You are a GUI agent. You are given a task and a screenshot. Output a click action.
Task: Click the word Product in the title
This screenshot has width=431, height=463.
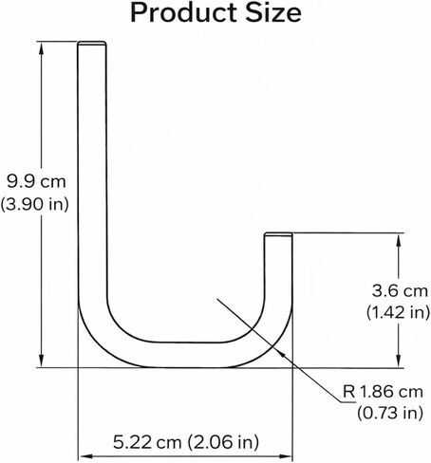click(184, 13)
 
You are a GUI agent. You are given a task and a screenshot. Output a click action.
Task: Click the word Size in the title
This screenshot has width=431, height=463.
click(273, 13)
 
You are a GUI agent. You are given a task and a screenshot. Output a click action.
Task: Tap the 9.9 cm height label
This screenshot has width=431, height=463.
click(36, 182)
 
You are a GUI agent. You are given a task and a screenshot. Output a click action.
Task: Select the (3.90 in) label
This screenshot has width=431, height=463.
click(34, 204)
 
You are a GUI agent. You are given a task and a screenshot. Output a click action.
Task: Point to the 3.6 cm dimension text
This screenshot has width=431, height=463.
click(400, 290)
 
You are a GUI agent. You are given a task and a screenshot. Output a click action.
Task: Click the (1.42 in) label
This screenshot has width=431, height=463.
click(398, 312)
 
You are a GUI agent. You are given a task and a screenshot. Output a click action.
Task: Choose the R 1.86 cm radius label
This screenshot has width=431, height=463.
click(383, 392)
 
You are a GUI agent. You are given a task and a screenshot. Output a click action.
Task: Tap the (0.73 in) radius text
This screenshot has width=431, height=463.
click(390, 413)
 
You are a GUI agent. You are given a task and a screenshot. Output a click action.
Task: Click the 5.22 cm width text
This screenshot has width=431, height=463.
click(147, 442)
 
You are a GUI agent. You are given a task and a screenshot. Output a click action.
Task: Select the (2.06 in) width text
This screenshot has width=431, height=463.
click(223, 442)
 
